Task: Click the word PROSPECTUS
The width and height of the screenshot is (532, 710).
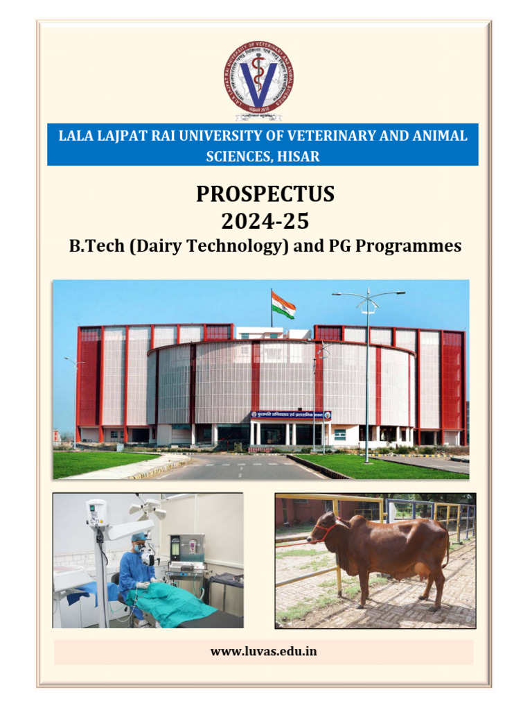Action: (265, 194)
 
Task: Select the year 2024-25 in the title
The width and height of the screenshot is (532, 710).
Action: (265, 221)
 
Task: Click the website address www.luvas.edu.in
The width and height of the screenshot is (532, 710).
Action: (264, 651)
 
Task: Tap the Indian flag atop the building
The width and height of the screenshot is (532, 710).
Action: (283, 304)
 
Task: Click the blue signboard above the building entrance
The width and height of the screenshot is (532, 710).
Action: (291, 415)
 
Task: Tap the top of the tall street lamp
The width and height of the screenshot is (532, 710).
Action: (368, 295)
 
